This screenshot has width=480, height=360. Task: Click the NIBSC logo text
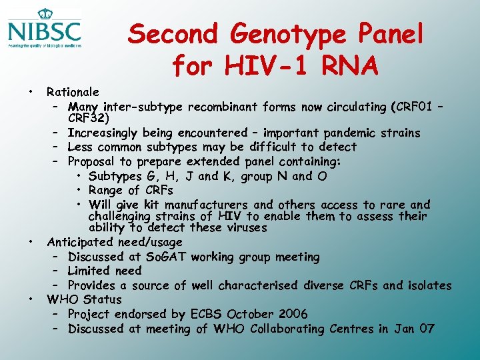click(45, 31)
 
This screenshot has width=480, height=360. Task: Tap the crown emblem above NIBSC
click(45, 13)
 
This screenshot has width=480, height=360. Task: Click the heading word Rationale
click(73, 92)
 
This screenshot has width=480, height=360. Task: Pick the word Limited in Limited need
click(90, 271)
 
